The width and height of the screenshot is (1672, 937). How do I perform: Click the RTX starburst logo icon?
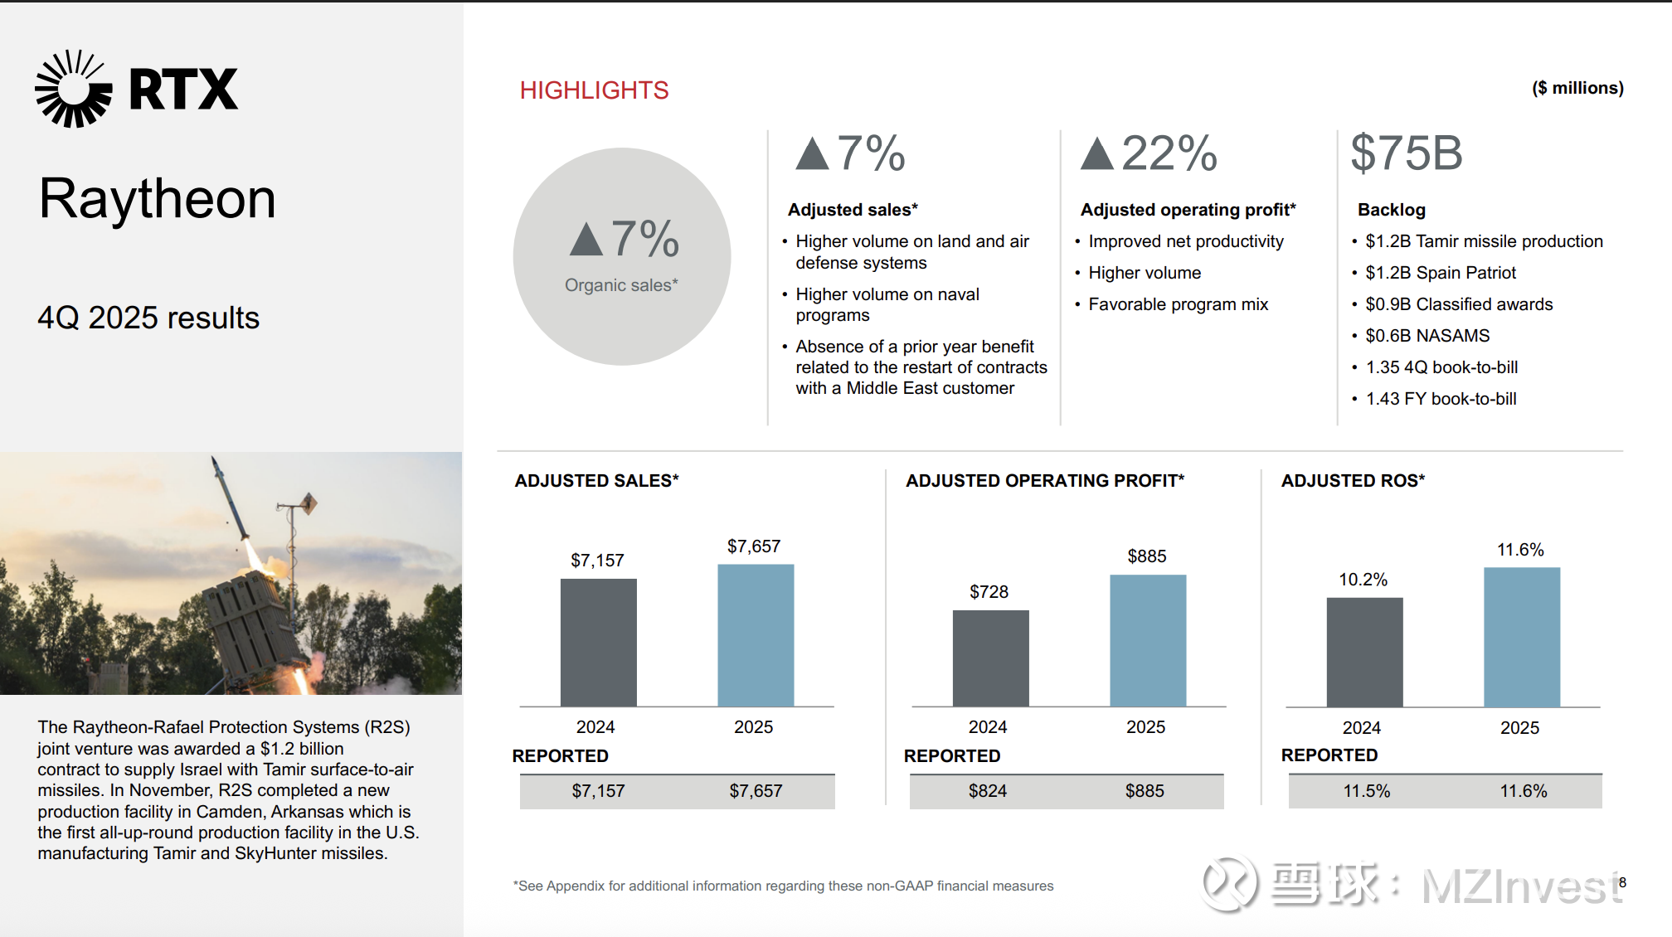pos(73,89)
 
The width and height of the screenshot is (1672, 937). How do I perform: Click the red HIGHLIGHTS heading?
pos(594,90)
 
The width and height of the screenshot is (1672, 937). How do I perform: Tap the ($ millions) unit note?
pos(1577,88)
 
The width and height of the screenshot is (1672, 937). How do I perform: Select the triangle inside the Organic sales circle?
pos(586,240)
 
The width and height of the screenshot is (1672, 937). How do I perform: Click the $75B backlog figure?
pos(1407,153)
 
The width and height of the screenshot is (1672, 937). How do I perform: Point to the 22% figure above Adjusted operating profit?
pos(1169,153)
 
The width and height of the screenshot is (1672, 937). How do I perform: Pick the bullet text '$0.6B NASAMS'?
pos(1427,336)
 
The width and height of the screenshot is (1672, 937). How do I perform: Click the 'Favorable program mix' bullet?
pos(1178,304)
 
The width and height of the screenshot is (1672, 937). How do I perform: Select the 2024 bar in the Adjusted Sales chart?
pos(598,643)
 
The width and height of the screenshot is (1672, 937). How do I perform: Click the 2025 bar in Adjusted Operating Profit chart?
pos(1148,640)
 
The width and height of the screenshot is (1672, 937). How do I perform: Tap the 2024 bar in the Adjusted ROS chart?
pos(1364,652)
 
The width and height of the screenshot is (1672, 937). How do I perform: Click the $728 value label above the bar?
pos(989,592)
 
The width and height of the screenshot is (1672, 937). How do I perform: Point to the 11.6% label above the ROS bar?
pos(1520,550)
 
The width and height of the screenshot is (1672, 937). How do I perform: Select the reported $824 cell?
pos(987,791)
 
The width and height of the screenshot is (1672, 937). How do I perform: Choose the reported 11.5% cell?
pos(1366,791)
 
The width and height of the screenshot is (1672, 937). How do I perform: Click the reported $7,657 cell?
pos(756,791)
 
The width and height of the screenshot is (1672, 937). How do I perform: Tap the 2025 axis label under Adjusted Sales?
pos(753,727)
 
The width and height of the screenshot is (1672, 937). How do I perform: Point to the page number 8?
pos(1622,882)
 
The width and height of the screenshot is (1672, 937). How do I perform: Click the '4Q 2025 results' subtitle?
pos(148,318)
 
